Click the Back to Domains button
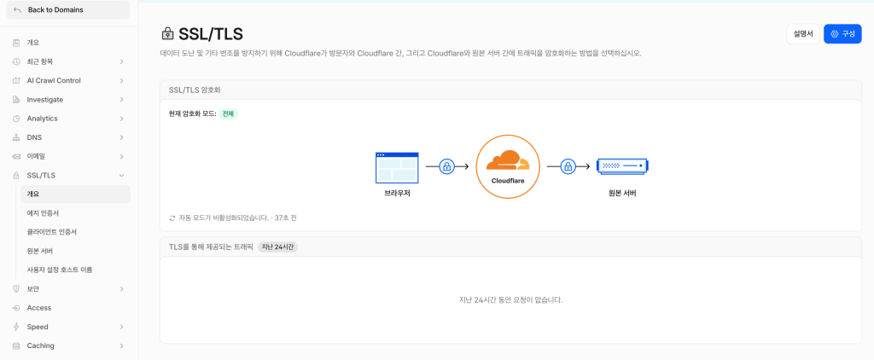pos(67,10)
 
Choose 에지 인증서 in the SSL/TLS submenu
pos(43,213)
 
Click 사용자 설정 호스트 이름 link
pos(60,270)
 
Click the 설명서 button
pos(803,34)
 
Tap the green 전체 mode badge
pos(228,113)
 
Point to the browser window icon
pos(397,167)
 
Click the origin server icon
pos(622,166)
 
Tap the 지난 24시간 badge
pos(277,247)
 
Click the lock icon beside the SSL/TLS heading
pos(166,34)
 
